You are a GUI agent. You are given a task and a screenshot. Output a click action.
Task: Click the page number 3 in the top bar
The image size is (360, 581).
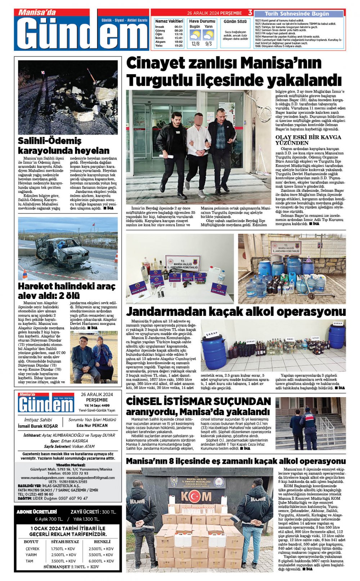(x=250, y=13)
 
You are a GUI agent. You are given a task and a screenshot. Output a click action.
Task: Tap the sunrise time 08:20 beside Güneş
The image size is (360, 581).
(x=179, y=31)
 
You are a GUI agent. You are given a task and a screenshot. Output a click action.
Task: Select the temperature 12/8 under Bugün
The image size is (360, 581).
(x=195, y=44)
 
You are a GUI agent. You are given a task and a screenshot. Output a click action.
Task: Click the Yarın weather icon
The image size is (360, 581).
(x=208, y=35)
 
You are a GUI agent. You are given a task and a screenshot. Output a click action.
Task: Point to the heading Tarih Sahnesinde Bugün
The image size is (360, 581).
(x=297, y=14)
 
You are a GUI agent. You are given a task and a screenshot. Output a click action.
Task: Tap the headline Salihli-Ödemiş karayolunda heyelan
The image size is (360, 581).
(x=64, y=146)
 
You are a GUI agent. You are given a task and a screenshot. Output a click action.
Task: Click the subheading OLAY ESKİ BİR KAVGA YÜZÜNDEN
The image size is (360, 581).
(x=308, y=140)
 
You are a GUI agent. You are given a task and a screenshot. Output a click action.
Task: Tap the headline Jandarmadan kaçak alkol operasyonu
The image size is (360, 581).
(x=236, y=312)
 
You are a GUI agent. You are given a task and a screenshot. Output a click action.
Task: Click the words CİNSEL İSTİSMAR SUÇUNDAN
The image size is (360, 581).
(x=198, y=401)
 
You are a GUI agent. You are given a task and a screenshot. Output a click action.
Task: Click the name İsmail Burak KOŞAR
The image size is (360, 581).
(x=38, y=426)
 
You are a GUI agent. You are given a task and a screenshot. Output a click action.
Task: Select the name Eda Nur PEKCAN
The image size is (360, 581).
(x=92, y=425)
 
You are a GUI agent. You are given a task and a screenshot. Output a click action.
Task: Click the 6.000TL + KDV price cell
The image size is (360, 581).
(x=101, y=561)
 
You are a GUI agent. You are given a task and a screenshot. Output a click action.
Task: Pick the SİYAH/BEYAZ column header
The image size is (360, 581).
(x=65, y=542)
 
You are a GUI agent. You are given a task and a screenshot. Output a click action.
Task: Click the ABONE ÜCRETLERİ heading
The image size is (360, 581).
(x=37, y=512)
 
